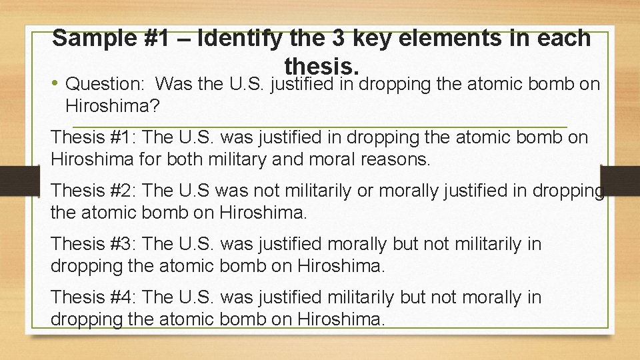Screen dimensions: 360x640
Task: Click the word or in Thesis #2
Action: point(365,190)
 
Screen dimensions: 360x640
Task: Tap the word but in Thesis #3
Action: point(407,243)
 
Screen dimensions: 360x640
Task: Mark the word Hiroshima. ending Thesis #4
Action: point(341,319)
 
